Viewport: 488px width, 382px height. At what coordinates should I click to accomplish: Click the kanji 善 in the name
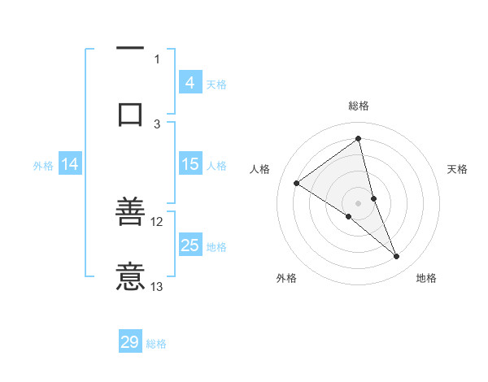pos(131,215)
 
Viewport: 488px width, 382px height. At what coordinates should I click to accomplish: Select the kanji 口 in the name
pos(131,114)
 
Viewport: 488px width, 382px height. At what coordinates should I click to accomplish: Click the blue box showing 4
pos(190,83)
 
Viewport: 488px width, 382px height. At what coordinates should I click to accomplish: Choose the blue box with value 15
pos(190,164)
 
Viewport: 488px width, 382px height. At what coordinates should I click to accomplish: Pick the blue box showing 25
pos(190,245)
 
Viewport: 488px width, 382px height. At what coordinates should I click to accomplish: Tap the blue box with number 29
pos(130,342)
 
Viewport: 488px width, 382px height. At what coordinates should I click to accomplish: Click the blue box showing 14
pos(70,164)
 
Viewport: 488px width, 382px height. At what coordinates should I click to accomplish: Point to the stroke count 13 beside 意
pos(157,286)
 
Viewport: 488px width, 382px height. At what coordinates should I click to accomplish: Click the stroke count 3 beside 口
pos(157,124)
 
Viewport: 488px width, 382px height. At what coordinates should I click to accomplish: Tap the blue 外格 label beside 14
pos(43,165)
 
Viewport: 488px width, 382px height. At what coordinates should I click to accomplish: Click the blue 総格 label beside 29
pos(157,343)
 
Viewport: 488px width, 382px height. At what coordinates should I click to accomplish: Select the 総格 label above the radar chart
pos(359,106)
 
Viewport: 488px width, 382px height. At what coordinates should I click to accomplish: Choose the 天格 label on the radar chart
pos(458,169)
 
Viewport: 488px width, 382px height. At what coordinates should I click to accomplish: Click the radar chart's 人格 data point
pos(297,183)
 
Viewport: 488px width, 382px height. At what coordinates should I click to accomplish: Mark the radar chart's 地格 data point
pos(397,257)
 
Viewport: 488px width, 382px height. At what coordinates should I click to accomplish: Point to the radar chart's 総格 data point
pos(358,139)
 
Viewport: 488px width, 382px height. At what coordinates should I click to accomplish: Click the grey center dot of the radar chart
pos(358,202)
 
